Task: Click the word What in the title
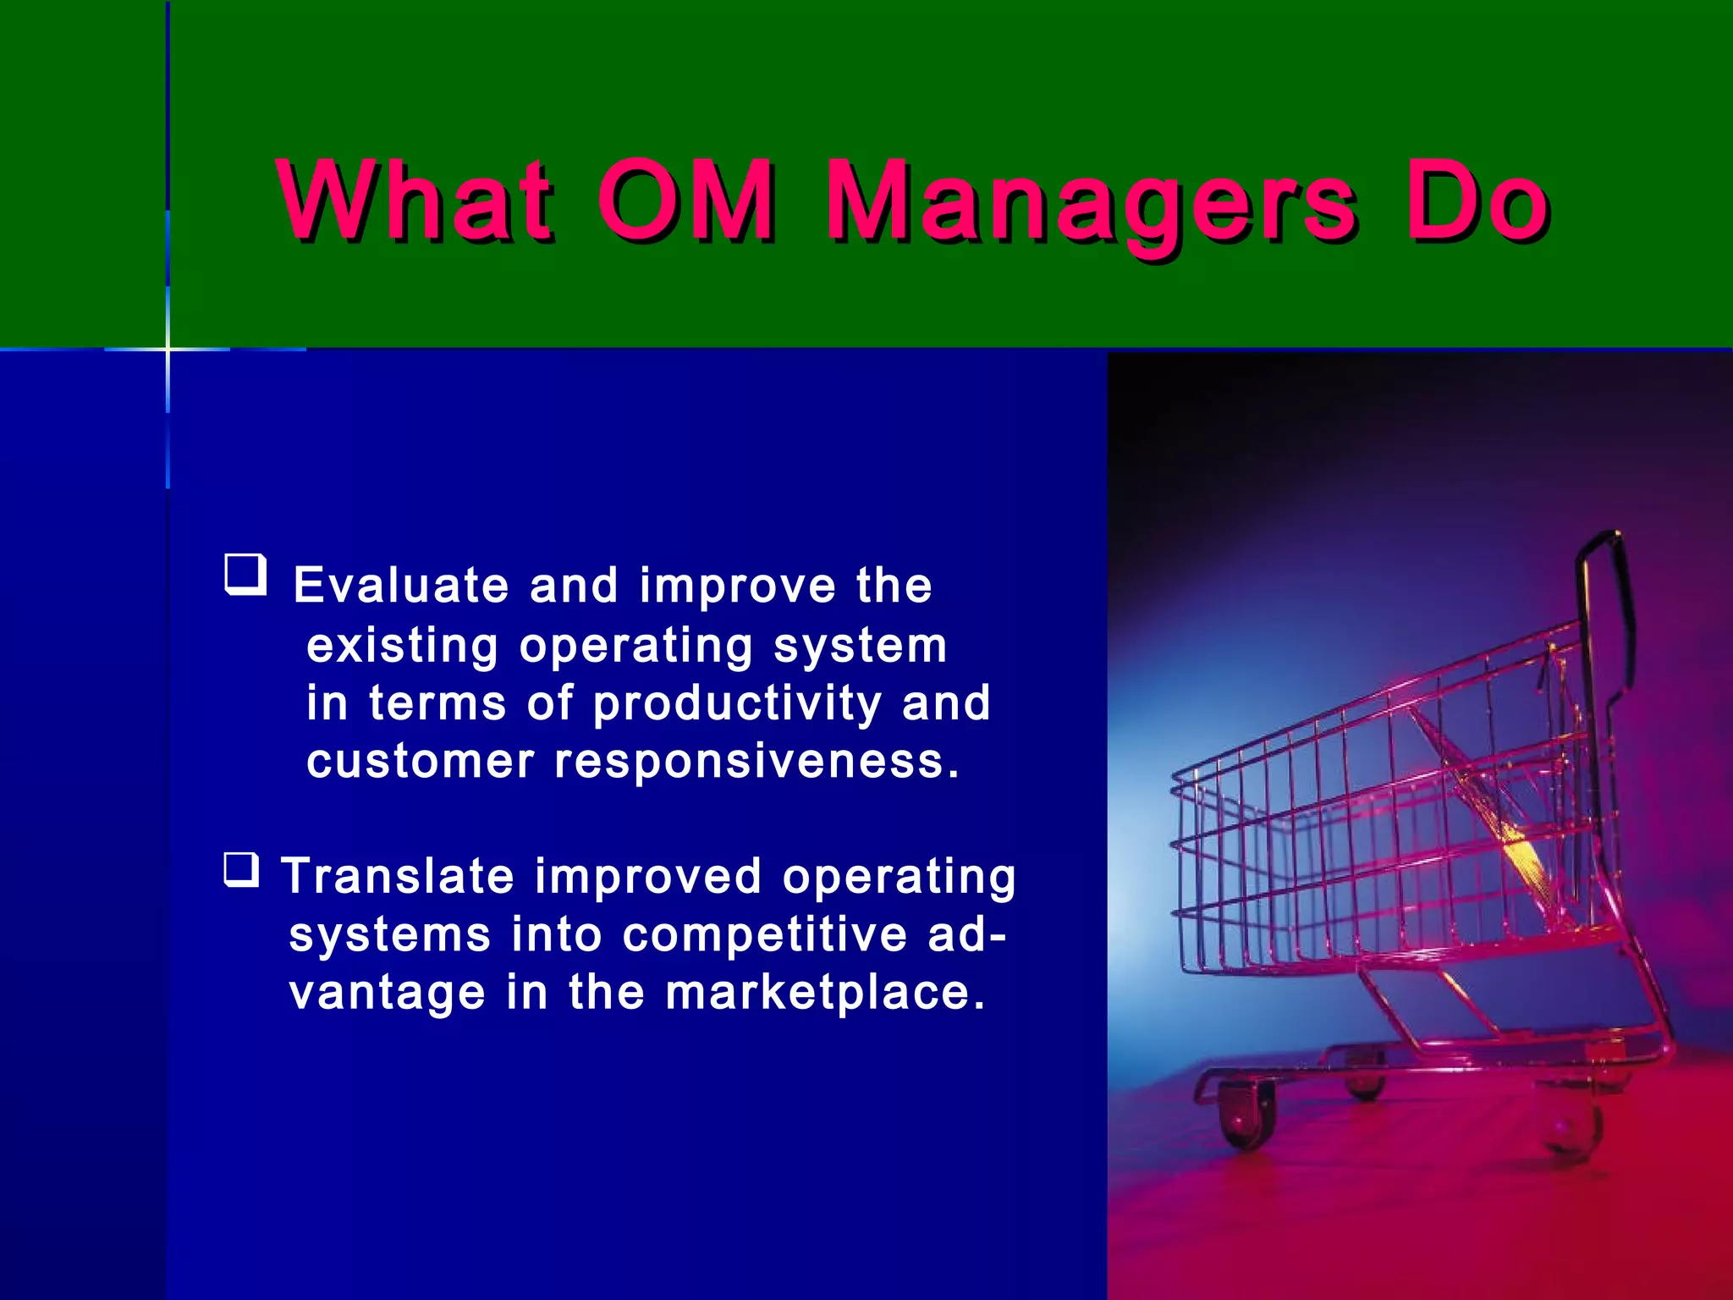pyautogui.click(x=415, y=201)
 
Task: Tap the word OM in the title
pyautogui.click(x=685, y=201)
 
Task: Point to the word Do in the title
pyautogui.click(x=1477, y=201)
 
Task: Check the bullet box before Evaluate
pyautogui.click(x=245, y=575)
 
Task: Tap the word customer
pyautogui.click(x=421, y=761)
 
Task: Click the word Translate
pyautogui.click(x=398, y=876)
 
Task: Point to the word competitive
pyautogui.click(x=765, y=935)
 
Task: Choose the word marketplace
pyautogui.click(x=825, y=993)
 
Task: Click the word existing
pyautogui.click(x=402, y=647)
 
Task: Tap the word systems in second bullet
pyautogui.click(x=389, y=935)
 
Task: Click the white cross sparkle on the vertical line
pyautogui.click(x=168, y=349)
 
